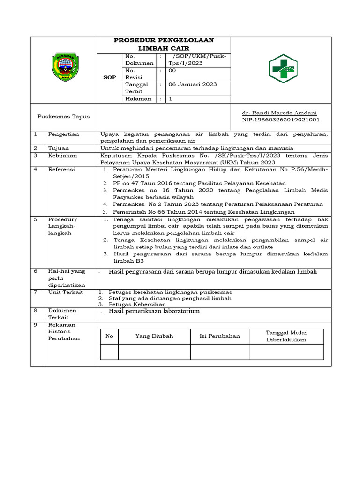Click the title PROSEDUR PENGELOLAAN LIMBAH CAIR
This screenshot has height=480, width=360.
point(164,44)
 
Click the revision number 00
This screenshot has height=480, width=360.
point(172,70)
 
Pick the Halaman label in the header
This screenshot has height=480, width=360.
point(138,99)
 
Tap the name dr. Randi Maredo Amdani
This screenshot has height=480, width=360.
point(279,113)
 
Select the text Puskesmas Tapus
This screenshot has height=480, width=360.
point(63,116)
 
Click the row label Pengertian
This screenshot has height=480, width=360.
point(63,134)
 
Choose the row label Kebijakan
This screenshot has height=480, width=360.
point(63,155)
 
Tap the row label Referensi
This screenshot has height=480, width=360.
point(61,169)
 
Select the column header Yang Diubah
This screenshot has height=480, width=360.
point(154,336)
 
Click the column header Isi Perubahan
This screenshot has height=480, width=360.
point(219,336)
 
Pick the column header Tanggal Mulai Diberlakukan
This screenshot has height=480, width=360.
point(285,336)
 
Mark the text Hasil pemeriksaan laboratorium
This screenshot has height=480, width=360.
point(154,311)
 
